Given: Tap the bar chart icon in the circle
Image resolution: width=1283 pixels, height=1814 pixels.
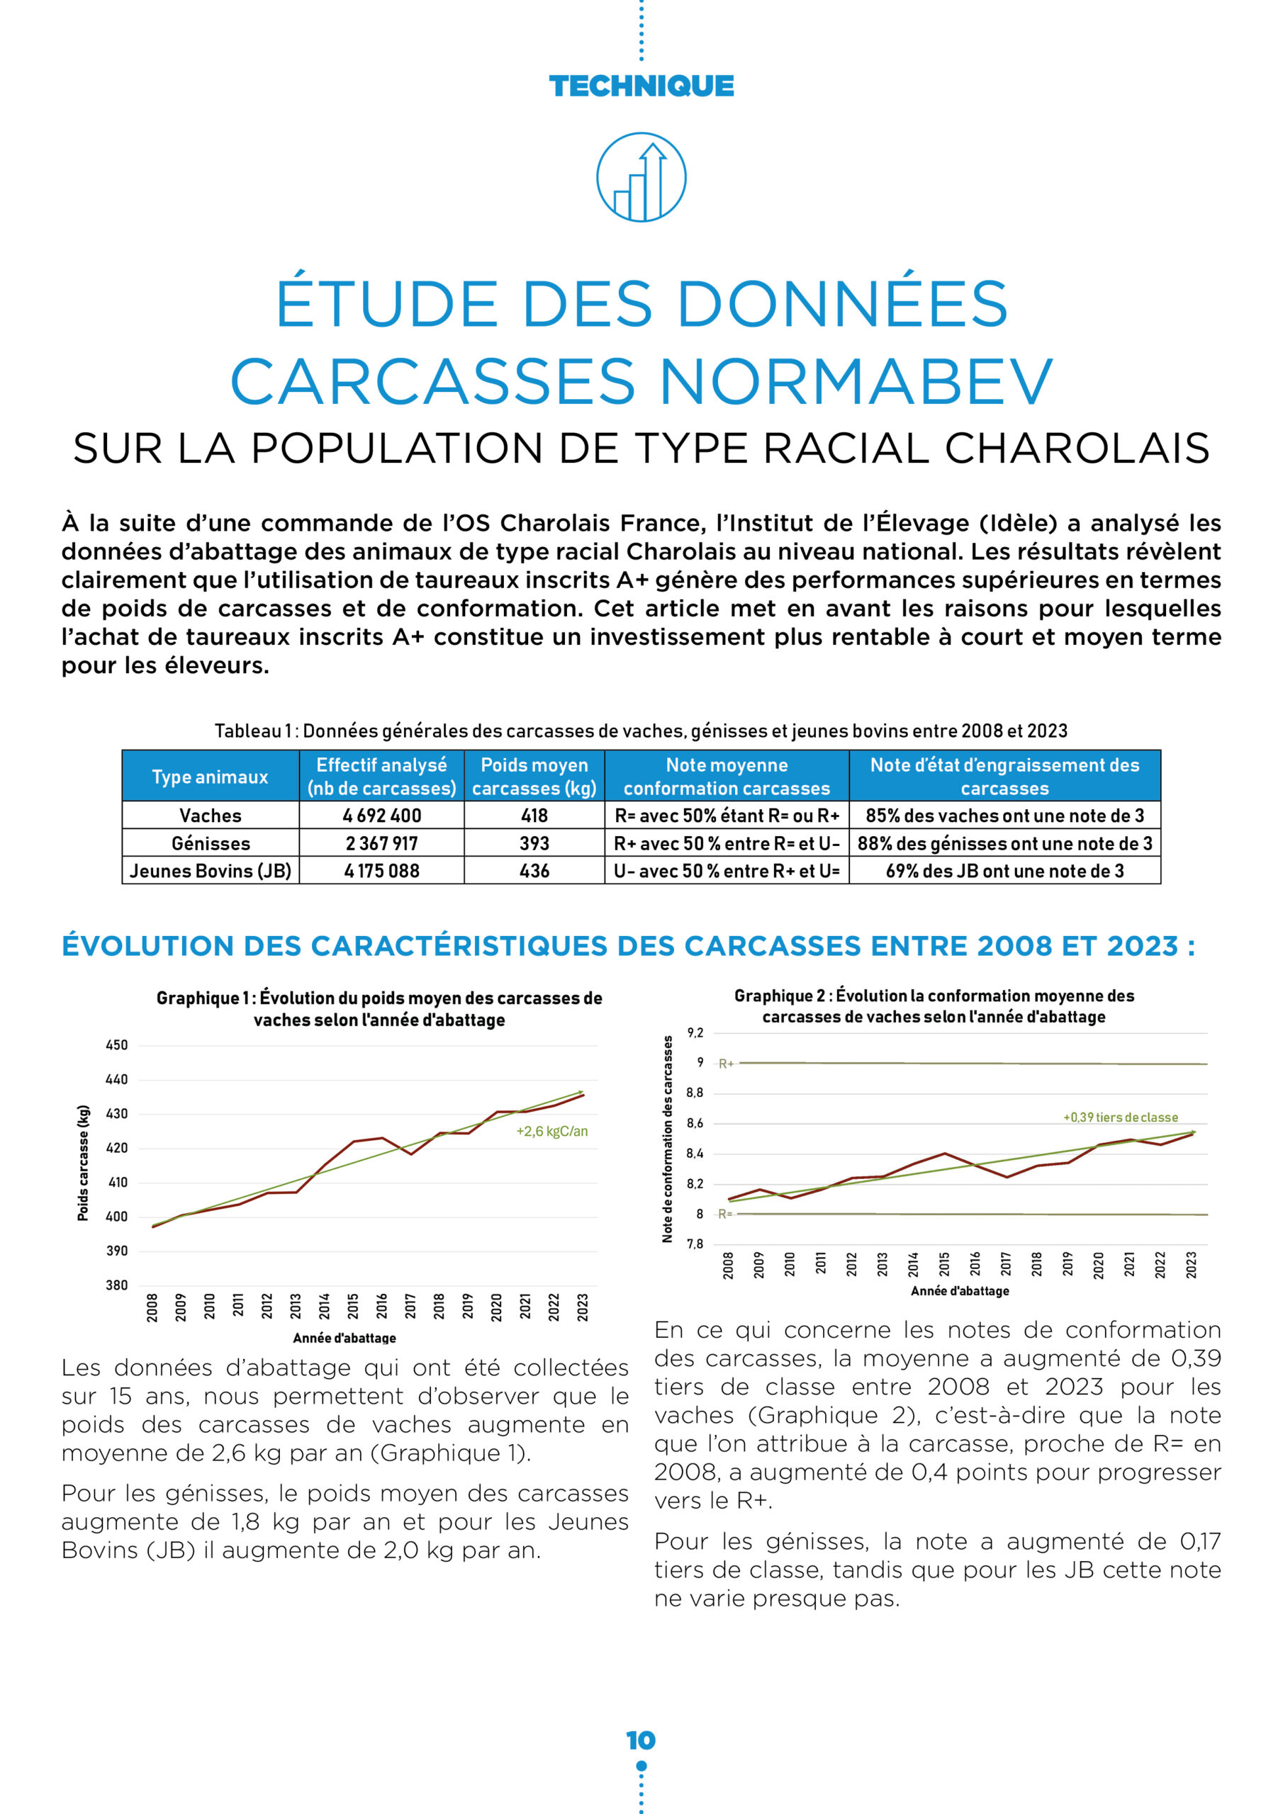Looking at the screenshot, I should tap(641, 177).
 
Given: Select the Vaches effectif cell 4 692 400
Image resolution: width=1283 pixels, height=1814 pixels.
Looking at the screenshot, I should tap(381, 816).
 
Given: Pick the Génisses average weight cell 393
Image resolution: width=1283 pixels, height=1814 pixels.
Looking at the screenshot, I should tap(534, 843).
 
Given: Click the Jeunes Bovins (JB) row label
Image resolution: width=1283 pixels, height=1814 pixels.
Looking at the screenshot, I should tap(211, 871).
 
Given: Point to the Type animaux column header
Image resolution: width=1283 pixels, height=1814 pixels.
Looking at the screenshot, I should tap(211, 777).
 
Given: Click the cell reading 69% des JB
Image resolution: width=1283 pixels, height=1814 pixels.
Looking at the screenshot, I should tap(1004, 871).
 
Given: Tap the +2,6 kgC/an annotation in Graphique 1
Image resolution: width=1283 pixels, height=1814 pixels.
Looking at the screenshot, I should tap(551, 1132).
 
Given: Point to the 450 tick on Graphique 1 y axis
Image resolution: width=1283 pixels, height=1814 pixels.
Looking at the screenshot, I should tap(116, 1045).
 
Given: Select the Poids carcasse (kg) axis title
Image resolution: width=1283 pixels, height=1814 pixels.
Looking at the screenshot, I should tap(83, 1162).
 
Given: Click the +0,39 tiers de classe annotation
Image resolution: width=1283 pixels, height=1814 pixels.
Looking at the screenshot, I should tap(1119, 1117).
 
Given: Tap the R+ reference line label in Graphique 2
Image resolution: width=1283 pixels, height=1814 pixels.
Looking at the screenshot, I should tap(726, 1064).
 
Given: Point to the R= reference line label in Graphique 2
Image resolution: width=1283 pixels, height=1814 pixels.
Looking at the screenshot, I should tap(725, 1214).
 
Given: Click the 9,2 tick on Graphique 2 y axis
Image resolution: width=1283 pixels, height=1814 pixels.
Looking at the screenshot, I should tap(694, 1032).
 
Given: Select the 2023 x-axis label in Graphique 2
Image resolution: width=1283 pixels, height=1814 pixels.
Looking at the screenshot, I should tap(1191, 1264).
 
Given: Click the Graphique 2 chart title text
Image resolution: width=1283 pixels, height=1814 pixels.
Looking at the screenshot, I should tap(934, 1005).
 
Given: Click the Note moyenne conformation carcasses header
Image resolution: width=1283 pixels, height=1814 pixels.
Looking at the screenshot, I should tap(726, 777).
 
